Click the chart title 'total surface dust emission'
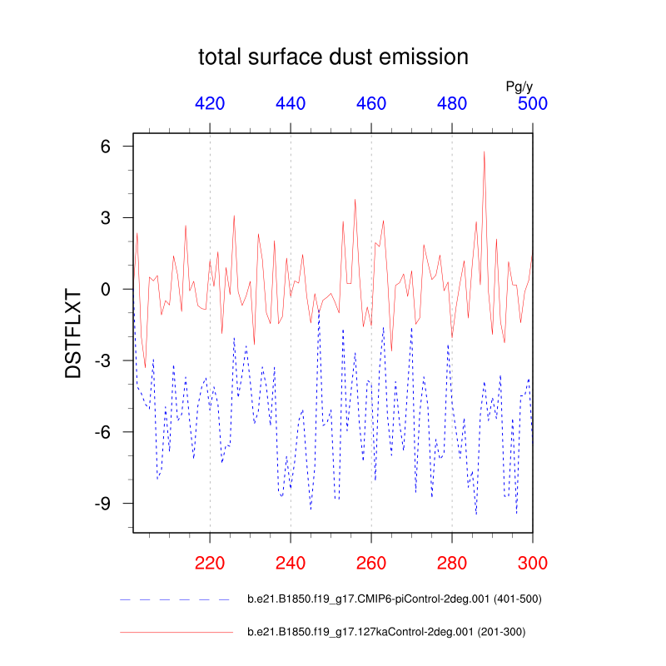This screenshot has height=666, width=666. pyautogui.click(x=333, y=57)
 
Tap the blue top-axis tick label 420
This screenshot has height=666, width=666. pyautogui.click(x=210, y=104)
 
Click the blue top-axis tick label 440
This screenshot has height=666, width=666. pyautogui.click(x=291, y=104)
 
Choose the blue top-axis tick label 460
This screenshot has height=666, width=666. pyautogui.click(x=371, y=104)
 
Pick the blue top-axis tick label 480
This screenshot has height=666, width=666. pyautogui.click(x=452, y=104)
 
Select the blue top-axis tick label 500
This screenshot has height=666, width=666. pyautogui.click(x=532, y=104)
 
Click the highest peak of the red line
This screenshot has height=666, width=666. pyautogui.click(x=484, y=152)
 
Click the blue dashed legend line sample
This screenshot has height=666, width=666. pyautogui.click(x=175, y=599)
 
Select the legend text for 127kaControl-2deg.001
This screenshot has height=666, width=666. pyautogui.click(x=385, y=633)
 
